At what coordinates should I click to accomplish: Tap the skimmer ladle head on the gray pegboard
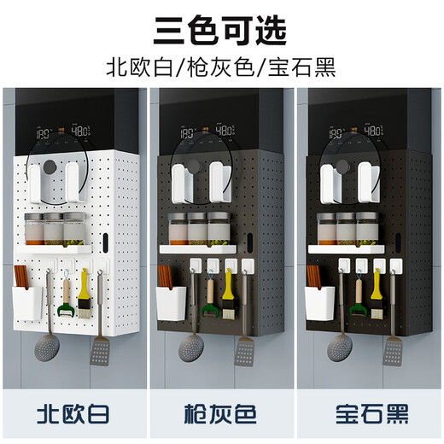190,348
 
